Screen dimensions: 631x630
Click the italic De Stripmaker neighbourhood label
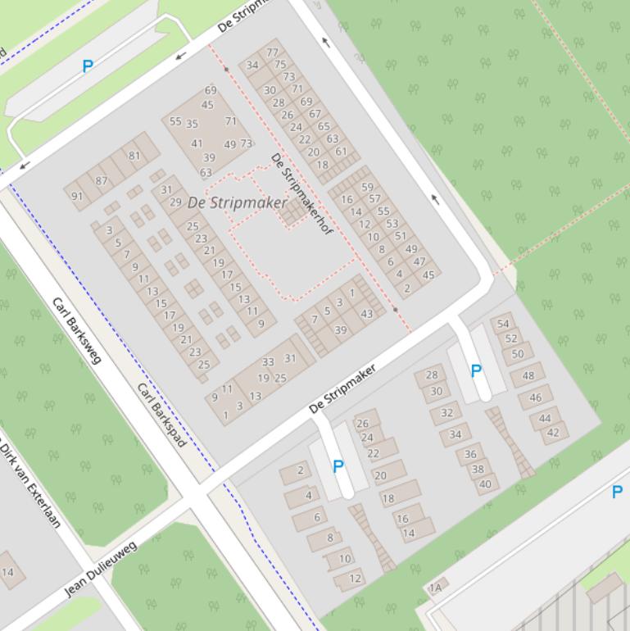pos(238,202)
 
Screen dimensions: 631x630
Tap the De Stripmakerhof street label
pos(301,194)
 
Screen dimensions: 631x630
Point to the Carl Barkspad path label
pos(162,415)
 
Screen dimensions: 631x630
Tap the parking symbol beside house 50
pos(476,371)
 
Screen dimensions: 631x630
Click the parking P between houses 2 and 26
pos(338,466)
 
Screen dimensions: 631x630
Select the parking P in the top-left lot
pos(88,66)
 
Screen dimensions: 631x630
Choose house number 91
pos(77,197)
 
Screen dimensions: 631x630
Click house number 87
pos(102,181)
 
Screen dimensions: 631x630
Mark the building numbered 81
pos(134,156)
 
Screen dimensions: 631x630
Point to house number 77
pos(272,52)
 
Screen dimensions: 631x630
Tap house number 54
pos(503,324)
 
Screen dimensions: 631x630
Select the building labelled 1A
pos(436,588)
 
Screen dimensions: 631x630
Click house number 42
pos(553,433)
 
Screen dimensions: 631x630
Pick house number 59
pos(367,187)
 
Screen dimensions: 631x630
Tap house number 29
pos(175,202)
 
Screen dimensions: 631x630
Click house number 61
pos(341,151)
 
